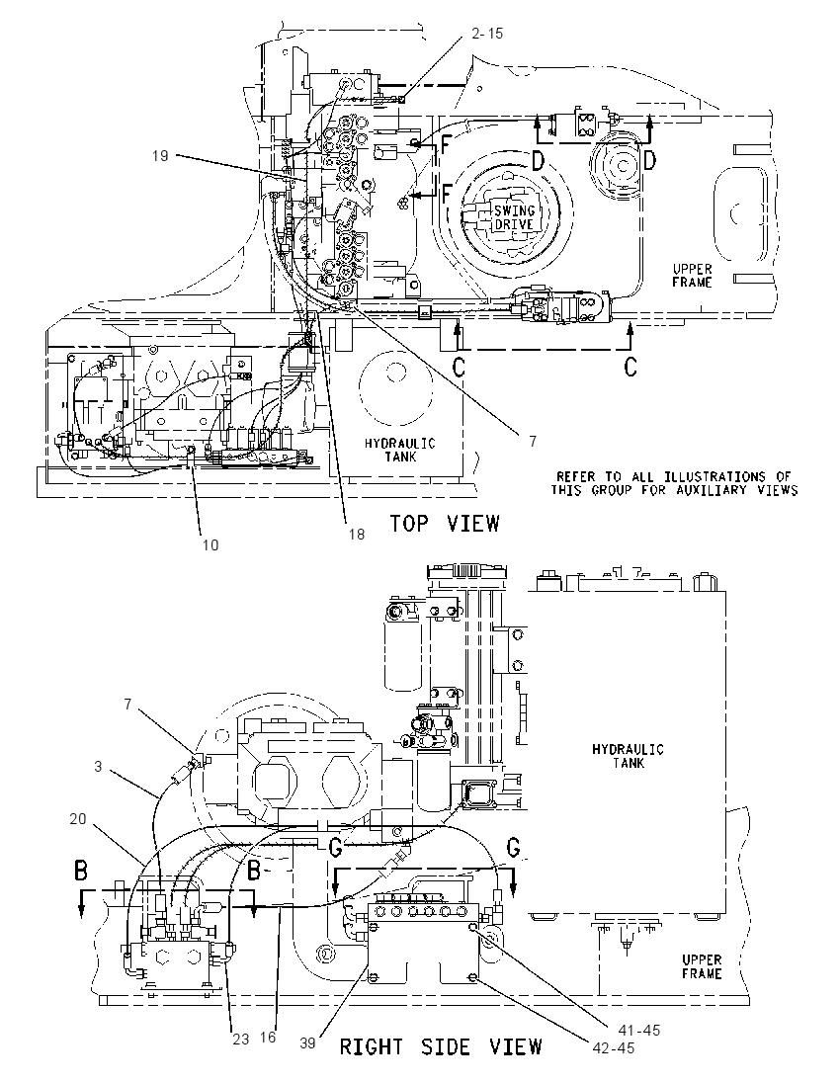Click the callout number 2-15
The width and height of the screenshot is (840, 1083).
pyautogui.click(x=487, y=33)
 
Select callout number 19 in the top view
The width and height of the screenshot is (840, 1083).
pyautogui.click(x=160, y=156)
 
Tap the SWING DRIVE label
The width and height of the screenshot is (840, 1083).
pyautogui.click(x=514, y=217)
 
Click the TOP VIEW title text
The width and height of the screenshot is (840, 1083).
pyautogui.click(x=444, y=523)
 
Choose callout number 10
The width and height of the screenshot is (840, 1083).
pyautogui.click(x=210, y=544)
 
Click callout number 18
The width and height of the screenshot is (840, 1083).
pyautogui.click(x=357, y=534)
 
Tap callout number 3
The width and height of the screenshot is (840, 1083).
pyautogui.click(x=98, y=766)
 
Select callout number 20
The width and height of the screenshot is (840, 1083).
pyautogui.click(x=78, y=818)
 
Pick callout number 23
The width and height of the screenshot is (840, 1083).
pyautogui.click(x=240, y=1039)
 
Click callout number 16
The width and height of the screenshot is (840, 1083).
pyautogui.click(x=268, y=1037)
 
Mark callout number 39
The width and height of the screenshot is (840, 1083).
pyautogui.click(x=307, y=1042)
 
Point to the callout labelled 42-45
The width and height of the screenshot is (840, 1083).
pyautogui.click(x=614, y=1047)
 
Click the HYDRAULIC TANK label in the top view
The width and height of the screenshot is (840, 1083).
pyautogui.click(x=400, y=450)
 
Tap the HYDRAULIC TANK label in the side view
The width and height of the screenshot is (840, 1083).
pyautogui.click(x=628, y=756)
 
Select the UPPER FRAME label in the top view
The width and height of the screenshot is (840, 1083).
pyautogui.click(x=692, y=275)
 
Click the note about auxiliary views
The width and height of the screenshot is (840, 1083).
pyautogui.click(x=674, y=483)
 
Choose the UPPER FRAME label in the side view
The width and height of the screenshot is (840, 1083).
pyautogui.click(x=702, y=966)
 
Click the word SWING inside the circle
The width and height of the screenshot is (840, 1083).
pyautogui.click(x=514, y=211)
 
